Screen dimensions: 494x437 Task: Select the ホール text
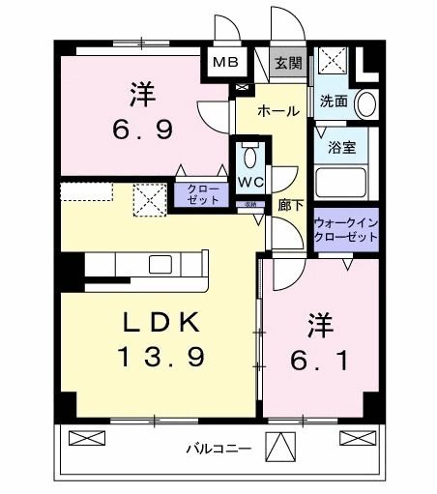278,112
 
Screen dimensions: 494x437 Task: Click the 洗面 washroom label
334,100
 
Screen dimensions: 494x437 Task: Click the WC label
250,182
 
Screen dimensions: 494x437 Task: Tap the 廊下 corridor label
287,206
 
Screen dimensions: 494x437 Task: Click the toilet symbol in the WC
250,157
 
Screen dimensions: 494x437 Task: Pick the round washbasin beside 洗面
366,102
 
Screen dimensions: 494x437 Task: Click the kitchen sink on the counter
160,264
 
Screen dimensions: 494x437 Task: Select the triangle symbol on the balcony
280,448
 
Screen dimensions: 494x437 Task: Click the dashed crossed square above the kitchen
149,200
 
